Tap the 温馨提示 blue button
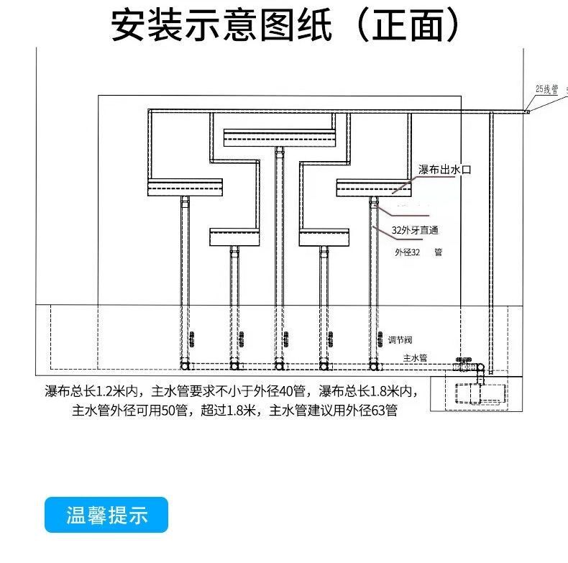(x=106, y=516)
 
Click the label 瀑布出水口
(x=444, y=170)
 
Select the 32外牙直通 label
(x=415, y=231)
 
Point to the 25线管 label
(x=546, y=89)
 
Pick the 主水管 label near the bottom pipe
(x=415, y=357)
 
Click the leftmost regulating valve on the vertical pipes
(x=191, y=338)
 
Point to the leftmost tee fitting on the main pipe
(x=185, y=366)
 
